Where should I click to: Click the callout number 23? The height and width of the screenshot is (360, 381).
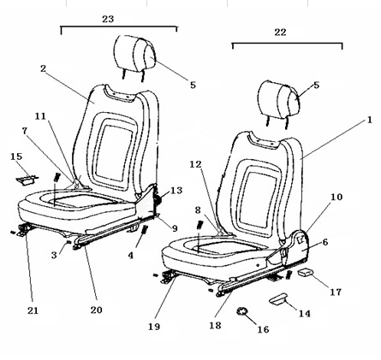(108, 19)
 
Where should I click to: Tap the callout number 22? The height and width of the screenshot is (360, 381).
(280, 32)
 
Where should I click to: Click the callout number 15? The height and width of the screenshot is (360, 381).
(16, 156)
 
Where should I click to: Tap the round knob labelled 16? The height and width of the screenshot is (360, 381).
(242, 311)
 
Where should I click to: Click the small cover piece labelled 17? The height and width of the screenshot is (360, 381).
(305, 273)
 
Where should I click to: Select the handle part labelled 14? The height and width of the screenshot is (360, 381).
(278, 299)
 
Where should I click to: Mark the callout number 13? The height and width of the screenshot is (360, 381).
(176, 191)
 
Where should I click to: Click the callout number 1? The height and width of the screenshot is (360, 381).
(370, 120)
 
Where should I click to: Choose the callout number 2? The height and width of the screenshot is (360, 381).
(43, 68)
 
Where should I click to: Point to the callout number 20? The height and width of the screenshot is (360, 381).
(97, 310)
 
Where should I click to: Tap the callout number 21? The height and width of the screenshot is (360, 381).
(33, 310)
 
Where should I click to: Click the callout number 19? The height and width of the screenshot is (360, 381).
(154, 327)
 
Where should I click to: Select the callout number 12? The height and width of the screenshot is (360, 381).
(196, 164)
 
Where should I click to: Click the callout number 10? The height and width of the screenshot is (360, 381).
(336, 197)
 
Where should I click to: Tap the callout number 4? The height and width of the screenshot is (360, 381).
(130, 256)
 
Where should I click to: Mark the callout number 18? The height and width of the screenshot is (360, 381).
(215, 325)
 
